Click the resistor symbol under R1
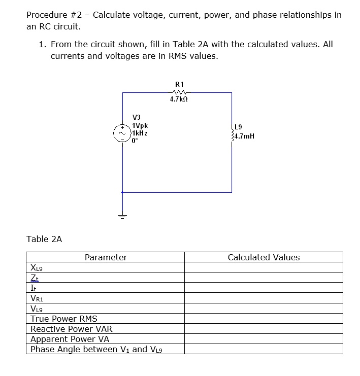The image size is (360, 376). pos(179,92)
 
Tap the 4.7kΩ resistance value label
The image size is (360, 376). pos(179,100)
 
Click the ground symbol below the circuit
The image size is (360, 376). pos(122,216)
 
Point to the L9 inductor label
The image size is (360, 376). pos(239,127)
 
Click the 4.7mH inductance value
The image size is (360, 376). pos(244,136)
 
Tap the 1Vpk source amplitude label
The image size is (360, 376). pos(139,125)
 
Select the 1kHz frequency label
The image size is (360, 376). pos(139,133)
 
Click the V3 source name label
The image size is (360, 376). pos(136,117)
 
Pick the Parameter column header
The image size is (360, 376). pos(106,257)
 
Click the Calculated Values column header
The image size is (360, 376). pos(264,257)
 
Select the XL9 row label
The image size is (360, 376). pos(37,268)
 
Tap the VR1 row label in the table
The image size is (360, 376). pos(37,299)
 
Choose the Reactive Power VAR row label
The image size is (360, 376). pos(71,329)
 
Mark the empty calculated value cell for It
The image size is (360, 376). pos(263,288)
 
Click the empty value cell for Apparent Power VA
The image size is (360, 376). pos(263,339)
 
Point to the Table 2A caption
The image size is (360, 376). pos(44,238)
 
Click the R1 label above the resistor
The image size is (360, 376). pos(179,84)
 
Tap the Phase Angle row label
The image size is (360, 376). pos(96,349)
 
